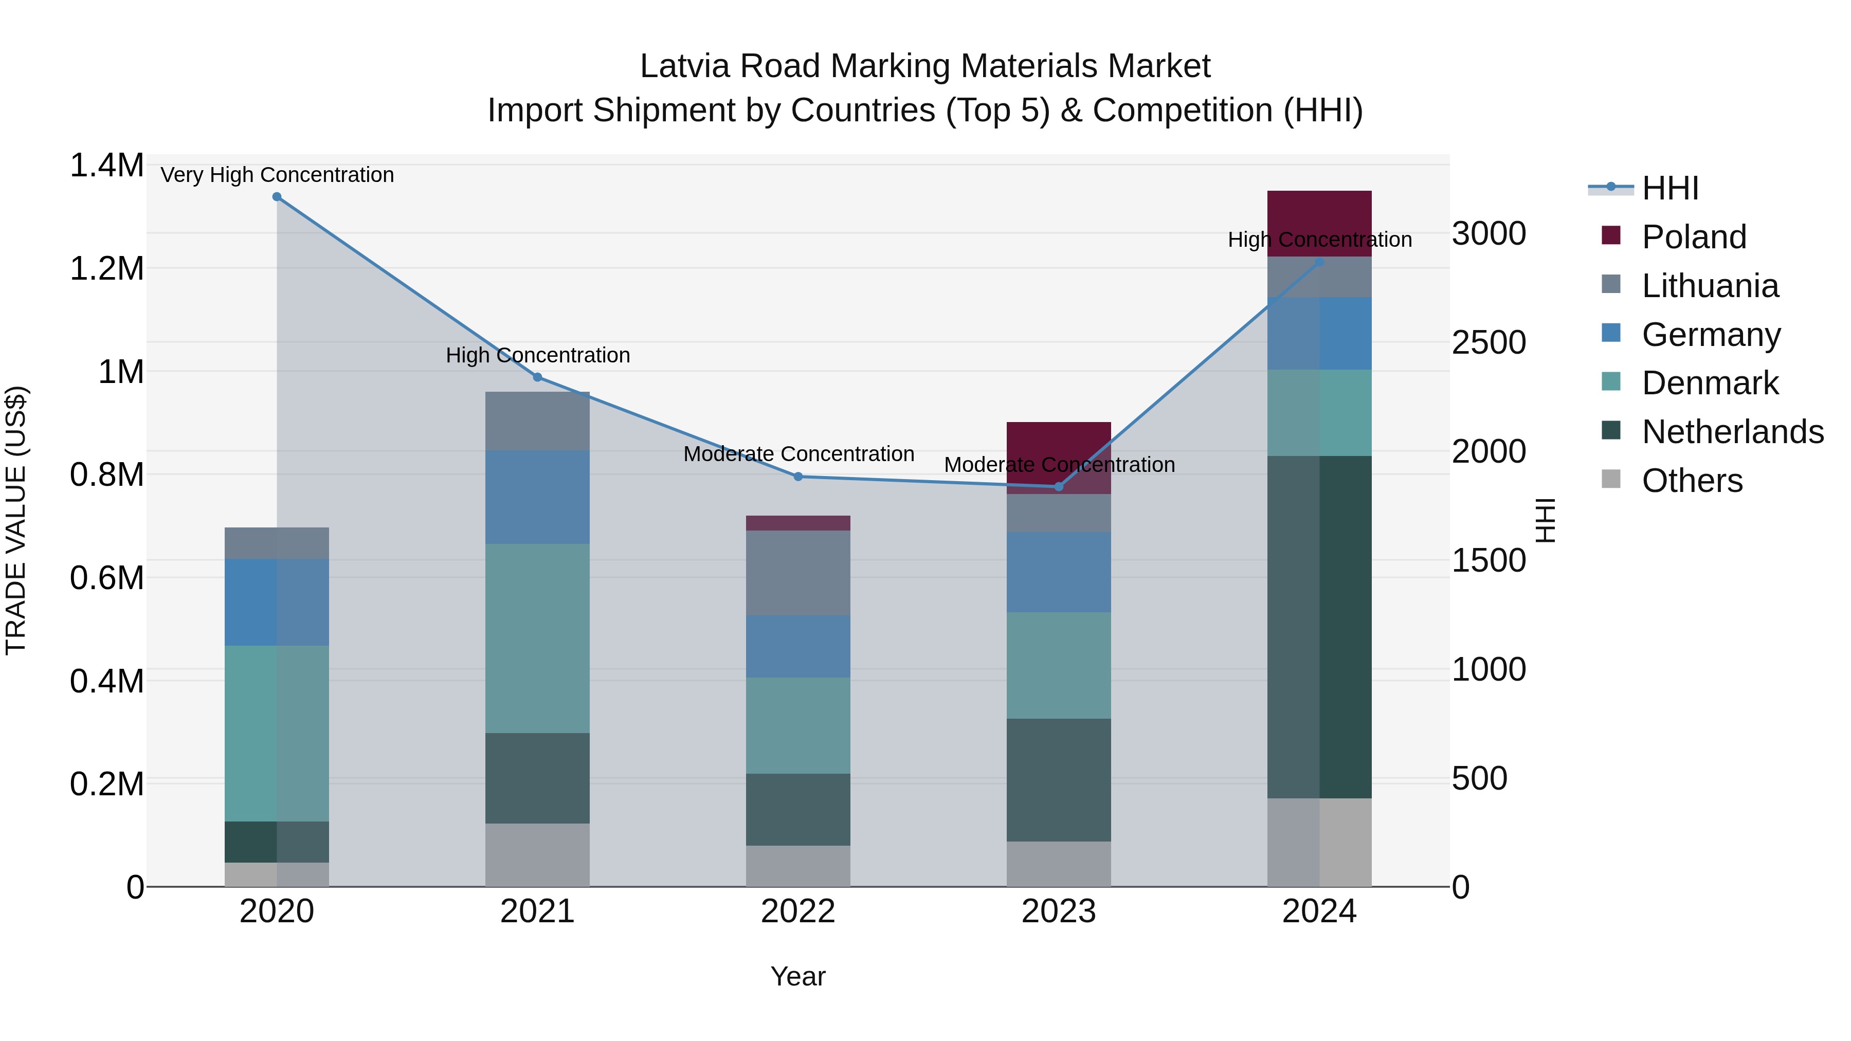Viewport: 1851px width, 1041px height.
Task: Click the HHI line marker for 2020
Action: (277, 197)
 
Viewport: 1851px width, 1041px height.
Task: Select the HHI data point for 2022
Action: (797, 477)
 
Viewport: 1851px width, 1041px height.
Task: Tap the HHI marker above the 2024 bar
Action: (1318, 262)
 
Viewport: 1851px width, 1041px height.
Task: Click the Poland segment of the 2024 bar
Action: (1319, 215)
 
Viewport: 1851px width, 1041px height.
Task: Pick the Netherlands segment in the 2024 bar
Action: (1319, 627)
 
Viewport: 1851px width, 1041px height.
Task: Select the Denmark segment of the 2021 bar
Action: (537, 638)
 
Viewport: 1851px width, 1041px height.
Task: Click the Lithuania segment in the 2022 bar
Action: (797, 573)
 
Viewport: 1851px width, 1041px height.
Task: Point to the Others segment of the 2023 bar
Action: (1059, 864)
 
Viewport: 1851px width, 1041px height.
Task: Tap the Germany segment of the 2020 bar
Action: (277, 602)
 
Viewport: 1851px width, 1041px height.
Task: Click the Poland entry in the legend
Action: (1693, 237)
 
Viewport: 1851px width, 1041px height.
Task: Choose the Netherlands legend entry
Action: (1732, 432)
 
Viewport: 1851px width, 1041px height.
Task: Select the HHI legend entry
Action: (1670, 188)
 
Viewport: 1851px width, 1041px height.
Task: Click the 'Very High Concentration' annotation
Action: (277, 175)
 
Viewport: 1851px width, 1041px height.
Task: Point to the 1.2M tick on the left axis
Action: (106, 269)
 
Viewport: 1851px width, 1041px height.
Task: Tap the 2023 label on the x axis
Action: (1059, 911)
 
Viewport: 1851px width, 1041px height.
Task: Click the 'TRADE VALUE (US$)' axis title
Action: (16, 520)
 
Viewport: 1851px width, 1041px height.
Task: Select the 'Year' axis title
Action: (797, 976)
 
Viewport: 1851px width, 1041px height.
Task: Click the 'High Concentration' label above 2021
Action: (537, 355)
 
